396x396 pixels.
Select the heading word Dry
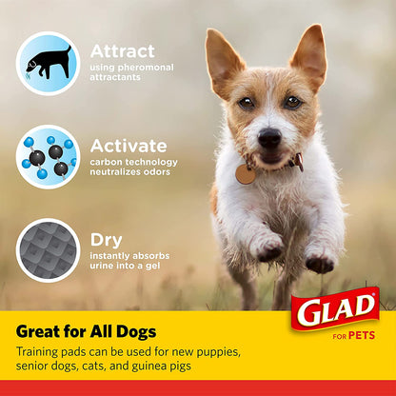(x=106, y=241)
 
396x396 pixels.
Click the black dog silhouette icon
(x=48, y=63)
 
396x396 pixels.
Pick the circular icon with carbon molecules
(x=48, y=156)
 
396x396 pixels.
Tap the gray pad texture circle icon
(x=48, y=249)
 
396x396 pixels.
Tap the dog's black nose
(x=269, y=138)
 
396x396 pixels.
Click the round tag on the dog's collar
(x=246, y=174)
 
